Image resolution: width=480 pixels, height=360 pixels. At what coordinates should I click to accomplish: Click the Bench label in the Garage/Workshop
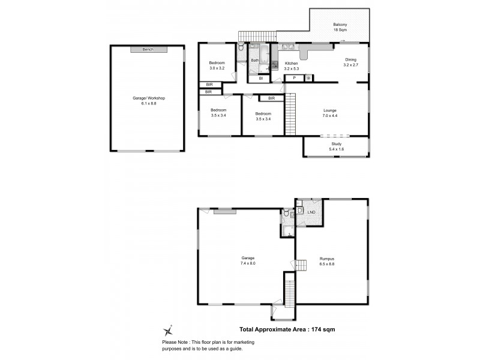(x=147, y=49)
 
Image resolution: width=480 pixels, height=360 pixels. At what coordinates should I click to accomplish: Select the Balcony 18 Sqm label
(x=340, y=27)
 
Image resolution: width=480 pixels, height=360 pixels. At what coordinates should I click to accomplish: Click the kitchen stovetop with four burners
(x=275, y=66)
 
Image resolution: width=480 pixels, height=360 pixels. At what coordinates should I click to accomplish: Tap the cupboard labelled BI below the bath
(x=260, y=79)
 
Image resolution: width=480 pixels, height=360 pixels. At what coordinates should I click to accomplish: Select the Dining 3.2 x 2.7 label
(x=351, y=62)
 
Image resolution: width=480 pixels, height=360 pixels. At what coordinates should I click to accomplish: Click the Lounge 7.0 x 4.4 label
(x=329, y=113)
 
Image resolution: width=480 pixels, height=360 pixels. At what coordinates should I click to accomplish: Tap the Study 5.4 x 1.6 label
(x=336, y=147)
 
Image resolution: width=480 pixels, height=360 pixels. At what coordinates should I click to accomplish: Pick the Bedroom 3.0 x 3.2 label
(x=217, y=66)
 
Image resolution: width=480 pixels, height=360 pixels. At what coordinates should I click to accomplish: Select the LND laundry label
(x=311, y=212)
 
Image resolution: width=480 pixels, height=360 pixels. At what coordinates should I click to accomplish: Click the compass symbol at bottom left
(x=169, y=329)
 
